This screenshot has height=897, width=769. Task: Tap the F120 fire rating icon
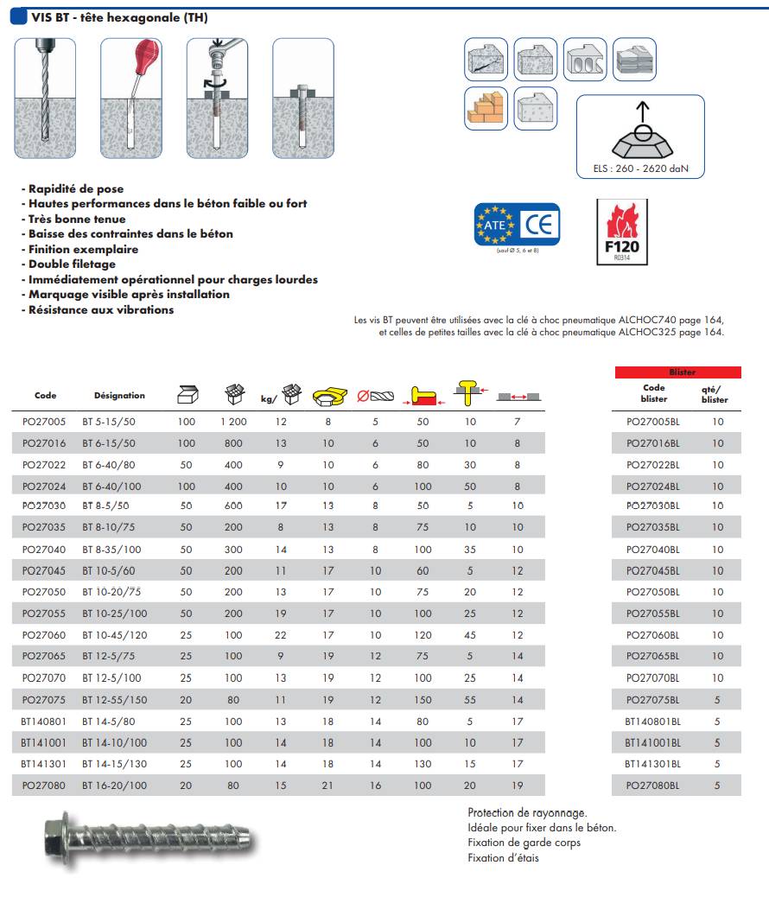[621, 232]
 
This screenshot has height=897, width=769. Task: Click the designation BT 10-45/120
[114, 635]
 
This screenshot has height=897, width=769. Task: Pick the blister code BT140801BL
[652, 721]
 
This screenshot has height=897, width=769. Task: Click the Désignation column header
[119, 396]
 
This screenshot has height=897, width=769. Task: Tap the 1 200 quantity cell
[233, 422]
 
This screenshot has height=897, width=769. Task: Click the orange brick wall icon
[486, 109]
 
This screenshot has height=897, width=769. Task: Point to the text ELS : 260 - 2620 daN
[641, 169]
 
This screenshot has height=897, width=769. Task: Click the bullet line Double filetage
[72, 264]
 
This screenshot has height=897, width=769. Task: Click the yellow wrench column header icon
[327, 397]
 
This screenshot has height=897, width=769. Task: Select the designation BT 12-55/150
[114, 700]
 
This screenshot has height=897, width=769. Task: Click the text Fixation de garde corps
[524, 843]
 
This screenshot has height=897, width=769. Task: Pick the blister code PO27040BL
[652, 550]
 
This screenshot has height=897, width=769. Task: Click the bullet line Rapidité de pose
[76, 188]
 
